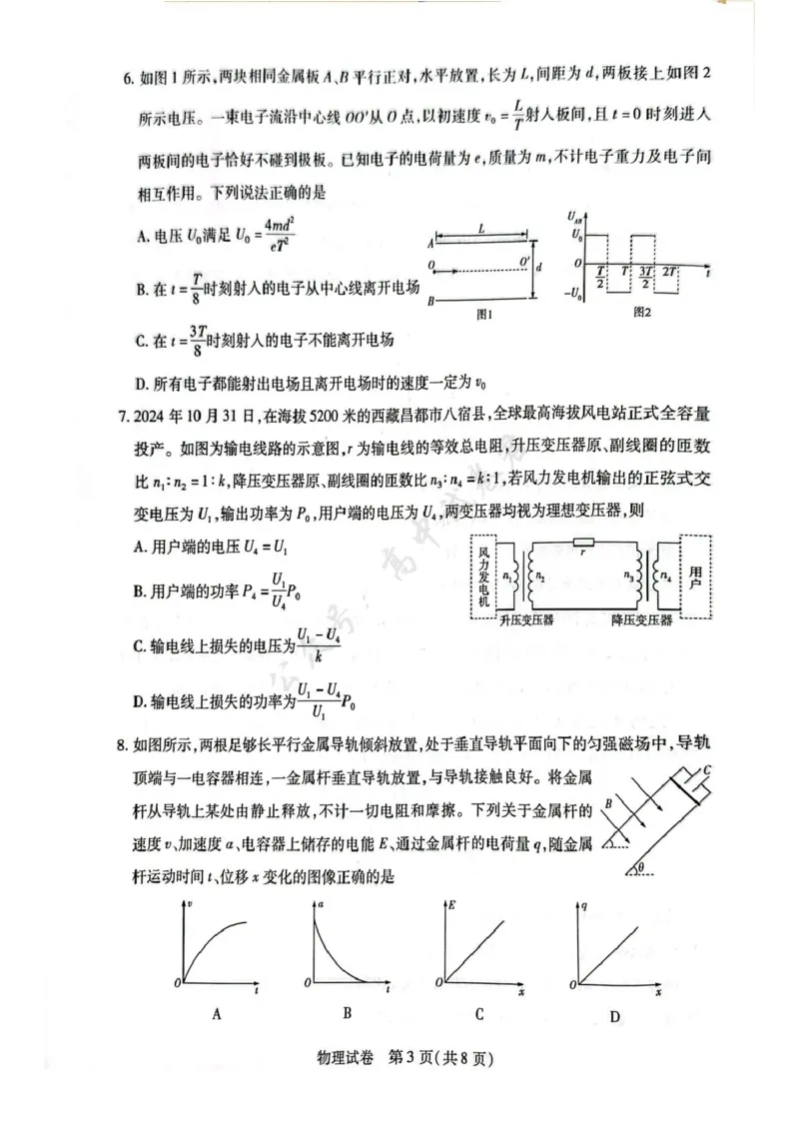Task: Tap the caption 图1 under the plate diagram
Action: (486, 314)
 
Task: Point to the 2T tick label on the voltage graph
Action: (669, 272)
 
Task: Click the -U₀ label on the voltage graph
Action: (572, 292)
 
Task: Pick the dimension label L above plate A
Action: (481, 229)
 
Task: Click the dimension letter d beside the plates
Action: (540, 268)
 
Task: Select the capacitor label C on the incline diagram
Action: (706, 770)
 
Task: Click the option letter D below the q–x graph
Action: (615, 1017)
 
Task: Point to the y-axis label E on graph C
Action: (452, 905)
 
